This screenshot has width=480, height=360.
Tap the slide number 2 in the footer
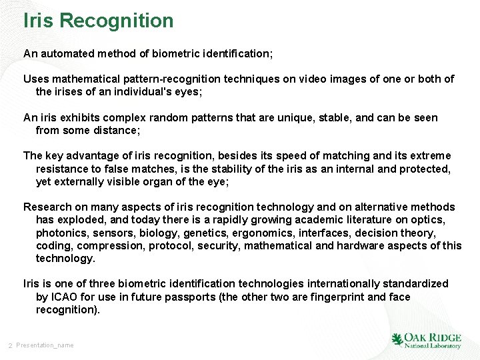[10, 345]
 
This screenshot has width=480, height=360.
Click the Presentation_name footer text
[45, 345]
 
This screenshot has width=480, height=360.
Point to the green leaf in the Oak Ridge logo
[398, 340]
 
